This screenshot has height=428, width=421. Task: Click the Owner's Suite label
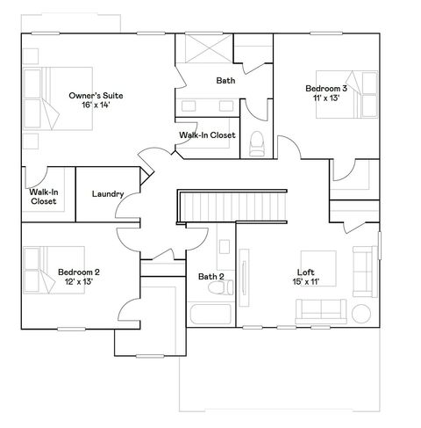(x=102, y=95)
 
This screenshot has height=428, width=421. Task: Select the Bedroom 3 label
(x=326, y=89)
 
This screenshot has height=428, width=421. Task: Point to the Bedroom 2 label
(x=79, y=272)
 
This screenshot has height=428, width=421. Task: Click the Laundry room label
(x=107, y=194)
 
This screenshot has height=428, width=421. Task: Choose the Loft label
(x=305, y=272)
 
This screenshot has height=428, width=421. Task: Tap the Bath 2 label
(x=210, y=277)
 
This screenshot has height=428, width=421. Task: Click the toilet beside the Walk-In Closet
(x=257, y=142)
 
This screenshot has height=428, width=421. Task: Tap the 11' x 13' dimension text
(x=326, y=99)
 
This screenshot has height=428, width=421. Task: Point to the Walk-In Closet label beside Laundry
(x=43, y=196)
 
